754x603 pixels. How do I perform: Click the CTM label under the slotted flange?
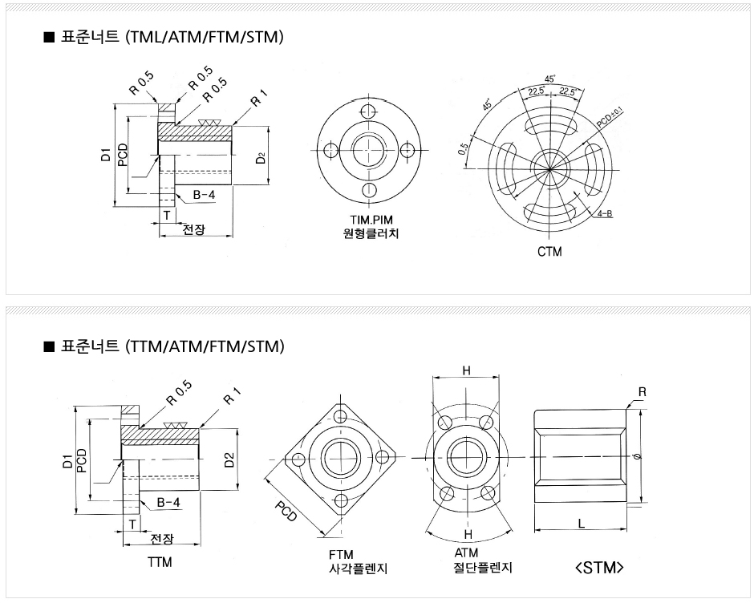(549, 252)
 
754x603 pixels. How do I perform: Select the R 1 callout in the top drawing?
(258, 101)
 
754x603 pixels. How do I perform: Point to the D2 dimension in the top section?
(261, 156)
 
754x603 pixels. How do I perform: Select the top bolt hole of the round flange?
(371, 111)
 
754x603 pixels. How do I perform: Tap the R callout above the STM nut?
(643, 392)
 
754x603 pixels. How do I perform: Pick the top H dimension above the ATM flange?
(465, 370)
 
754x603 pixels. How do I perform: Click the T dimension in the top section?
(167, 215)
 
